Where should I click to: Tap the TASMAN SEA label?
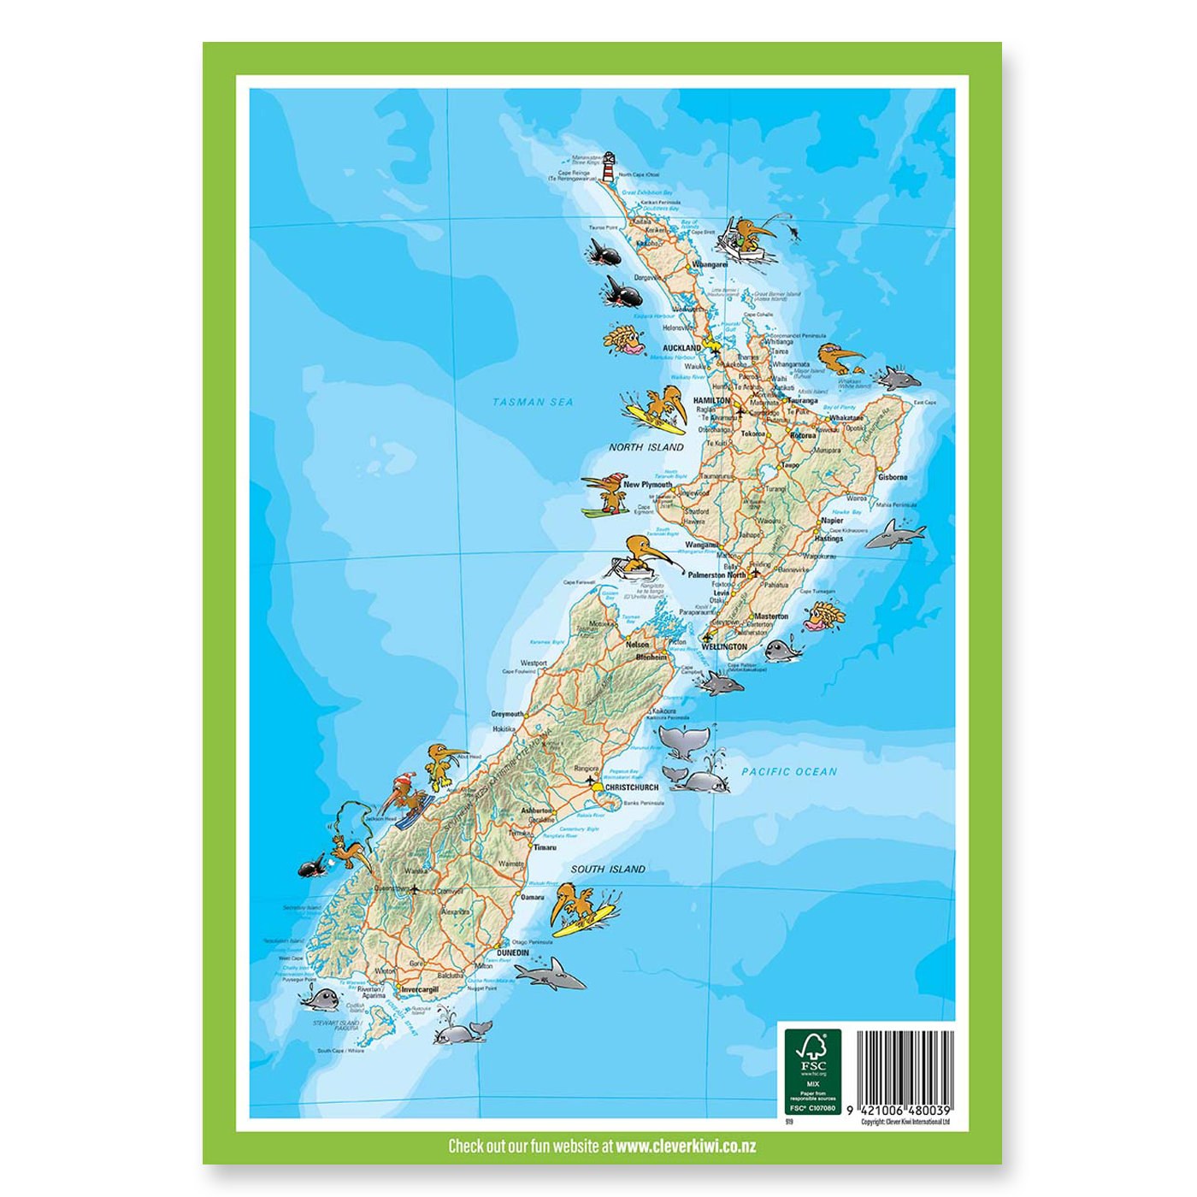coord(533,402)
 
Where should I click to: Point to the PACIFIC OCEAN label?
coord(789,772)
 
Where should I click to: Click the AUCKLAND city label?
coord(681,349)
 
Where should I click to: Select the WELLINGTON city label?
coord(723,647)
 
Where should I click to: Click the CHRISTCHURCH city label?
coord(632,787)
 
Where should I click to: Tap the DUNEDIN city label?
coord(513,952)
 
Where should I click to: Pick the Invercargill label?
coord(420,989)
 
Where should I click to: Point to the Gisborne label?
coord(893,477)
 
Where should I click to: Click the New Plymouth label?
coord(647,485)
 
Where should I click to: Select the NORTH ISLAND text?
coord(646,447)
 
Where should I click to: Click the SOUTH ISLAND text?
coord(608,870)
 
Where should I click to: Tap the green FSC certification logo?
coord(812,1071)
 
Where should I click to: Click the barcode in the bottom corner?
coord(905,1066)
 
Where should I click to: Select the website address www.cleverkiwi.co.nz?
coord(686,1146)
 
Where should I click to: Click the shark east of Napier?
coord(896,534)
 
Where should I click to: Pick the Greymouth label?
coord(507,714)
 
